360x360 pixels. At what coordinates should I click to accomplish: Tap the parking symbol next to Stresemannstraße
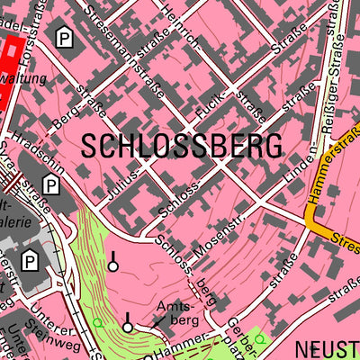(x=64, y=37)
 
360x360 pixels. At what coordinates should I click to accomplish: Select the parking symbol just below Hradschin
(x=52, y=186)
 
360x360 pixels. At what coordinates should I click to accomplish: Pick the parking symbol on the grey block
(x=31, y=262)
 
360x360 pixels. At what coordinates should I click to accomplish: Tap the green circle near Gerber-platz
(x=259, y=339)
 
